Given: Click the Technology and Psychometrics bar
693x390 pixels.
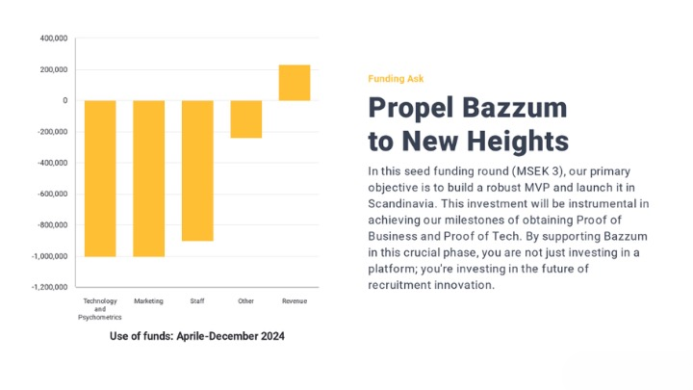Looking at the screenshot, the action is tap(100, 178).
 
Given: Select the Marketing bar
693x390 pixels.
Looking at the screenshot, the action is tap(149, 178).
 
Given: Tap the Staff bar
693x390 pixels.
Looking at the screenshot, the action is tap(197, 170).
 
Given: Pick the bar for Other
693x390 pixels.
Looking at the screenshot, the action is tap(246, 119).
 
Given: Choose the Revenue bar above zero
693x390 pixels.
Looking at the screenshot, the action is tap(295, 83).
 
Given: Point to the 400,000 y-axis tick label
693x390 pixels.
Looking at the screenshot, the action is tap(54, 39).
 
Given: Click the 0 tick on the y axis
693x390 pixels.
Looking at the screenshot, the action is tap(65, 100).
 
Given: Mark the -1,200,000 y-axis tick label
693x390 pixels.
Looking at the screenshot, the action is tap(49, 287).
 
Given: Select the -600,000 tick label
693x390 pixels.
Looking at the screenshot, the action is tap(53, 195).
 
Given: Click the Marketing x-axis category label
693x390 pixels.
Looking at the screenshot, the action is tap(148, 301).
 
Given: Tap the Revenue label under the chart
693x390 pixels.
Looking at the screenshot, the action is tap(295, 301).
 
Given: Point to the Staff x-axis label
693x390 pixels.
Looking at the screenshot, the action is tap(197, 301).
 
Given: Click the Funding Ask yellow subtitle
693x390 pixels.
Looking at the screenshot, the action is tap(396, 79).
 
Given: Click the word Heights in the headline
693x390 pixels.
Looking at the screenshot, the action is tap(518, 141).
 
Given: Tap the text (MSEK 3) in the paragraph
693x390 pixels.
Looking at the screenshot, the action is tap(539, 171).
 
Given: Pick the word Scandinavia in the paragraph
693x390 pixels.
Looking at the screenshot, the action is tap(402, 204).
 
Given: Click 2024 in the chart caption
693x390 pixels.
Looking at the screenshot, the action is tap(272, 336).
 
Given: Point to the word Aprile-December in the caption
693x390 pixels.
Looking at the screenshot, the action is tap(218, 336).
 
